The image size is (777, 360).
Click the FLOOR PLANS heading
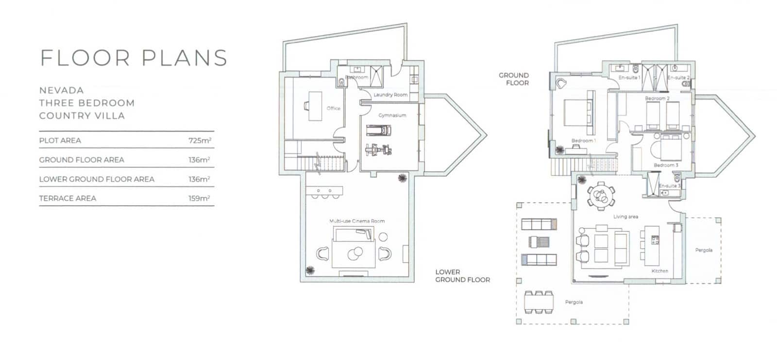click(134, 58)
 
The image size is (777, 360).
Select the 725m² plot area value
click(200, 141)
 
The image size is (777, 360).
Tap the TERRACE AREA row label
click(68, 198)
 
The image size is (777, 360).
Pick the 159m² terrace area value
click(199, 199)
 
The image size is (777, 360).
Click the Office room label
click(334, 108)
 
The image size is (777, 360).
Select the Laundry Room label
click(390, 95)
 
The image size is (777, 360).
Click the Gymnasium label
click(392, 116)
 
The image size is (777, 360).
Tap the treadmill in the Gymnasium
click(378, 130)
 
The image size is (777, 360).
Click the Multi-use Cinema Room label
click(357, 221)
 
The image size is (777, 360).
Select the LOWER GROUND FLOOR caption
click(462, 276)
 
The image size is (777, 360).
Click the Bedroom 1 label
click(583, 141)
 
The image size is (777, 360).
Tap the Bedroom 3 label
click(666, 165)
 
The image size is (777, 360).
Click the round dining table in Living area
click(600, 196)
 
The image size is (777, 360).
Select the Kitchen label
click(659, 271)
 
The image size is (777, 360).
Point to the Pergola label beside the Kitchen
click(704, 250)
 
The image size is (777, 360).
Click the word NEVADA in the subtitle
click(61, 90)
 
